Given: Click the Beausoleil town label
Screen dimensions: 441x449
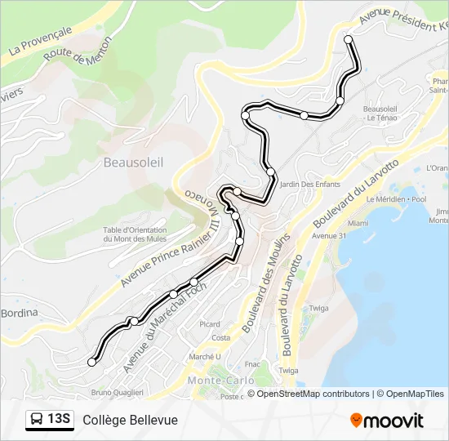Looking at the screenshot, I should coord(133,163).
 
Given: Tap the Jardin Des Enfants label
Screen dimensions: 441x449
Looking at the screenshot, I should coord(309,185).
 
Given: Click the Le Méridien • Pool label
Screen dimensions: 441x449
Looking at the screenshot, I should coord(396,199).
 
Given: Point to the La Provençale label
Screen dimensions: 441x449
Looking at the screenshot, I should coord(40,40).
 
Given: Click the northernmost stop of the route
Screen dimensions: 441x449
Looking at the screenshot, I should coord(349,39).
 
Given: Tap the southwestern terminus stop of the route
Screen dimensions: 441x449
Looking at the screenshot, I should coord(91,362).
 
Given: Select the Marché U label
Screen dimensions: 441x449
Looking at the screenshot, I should coord(205,356).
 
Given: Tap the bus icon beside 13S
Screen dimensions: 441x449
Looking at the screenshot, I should coord(38,420).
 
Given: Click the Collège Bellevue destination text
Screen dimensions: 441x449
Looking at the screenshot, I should coord(129,420).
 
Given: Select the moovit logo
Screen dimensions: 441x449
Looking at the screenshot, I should coord(387,420).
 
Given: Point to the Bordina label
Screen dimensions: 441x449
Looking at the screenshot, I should coord(19,313).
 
